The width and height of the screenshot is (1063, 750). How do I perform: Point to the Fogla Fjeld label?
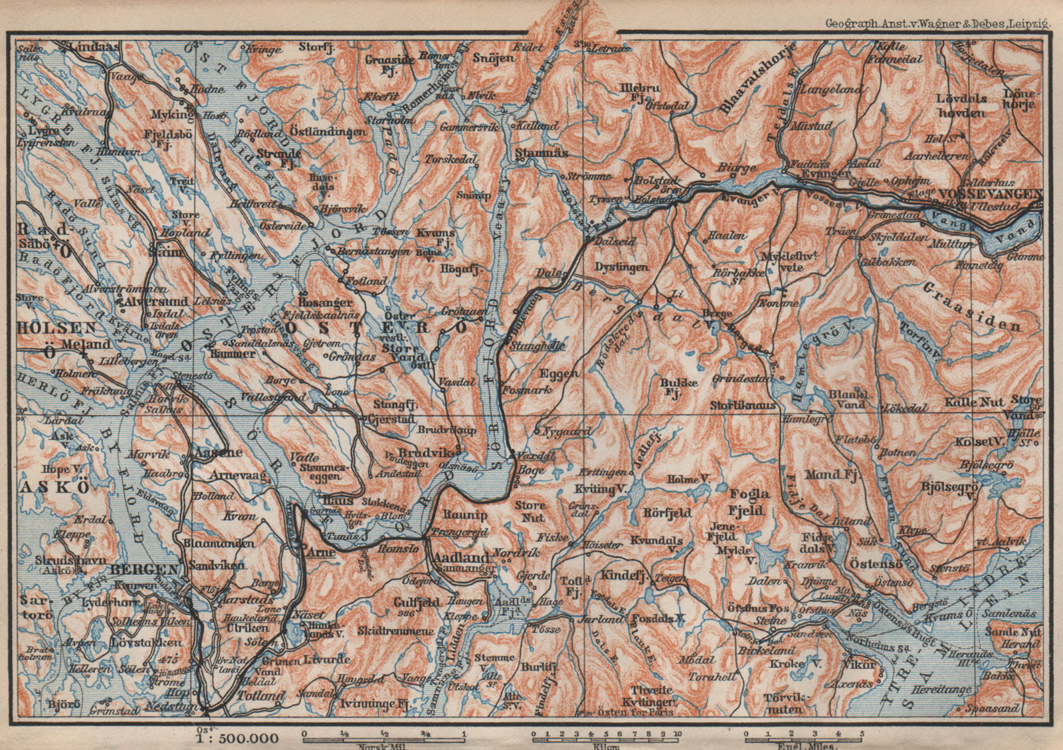coord(749,502)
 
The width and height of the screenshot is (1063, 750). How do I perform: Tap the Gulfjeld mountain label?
coord(417,603)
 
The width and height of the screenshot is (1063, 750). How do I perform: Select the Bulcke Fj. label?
coord(679,387)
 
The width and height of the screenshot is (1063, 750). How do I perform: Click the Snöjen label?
coord(493,58)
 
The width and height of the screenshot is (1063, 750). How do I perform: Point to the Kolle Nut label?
coord(973,402)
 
